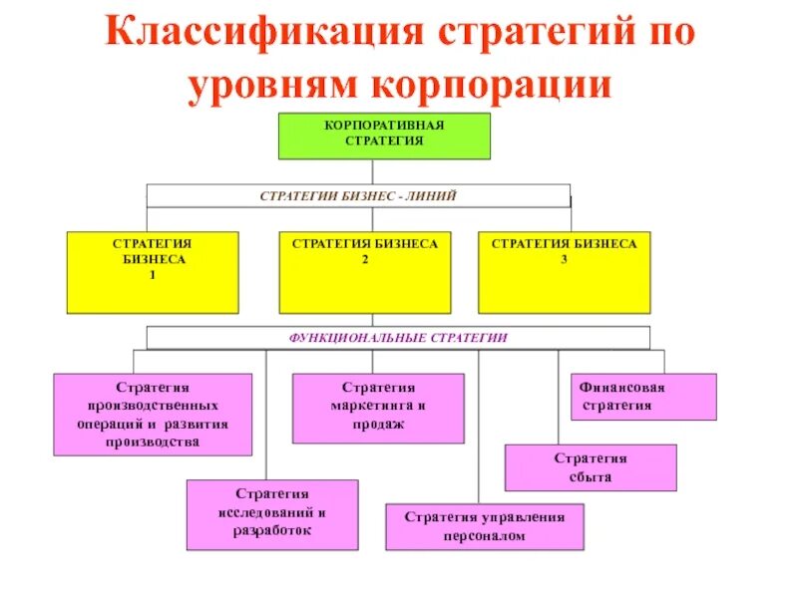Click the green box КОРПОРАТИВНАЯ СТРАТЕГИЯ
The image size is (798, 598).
pyautogui.click(x=384, y=136)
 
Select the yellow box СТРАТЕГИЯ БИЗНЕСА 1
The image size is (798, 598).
pyautogui.click(x=153, y=272)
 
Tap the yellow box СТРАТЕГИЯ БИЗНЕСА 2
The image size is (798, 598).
pyautogui.click(x=365, y=272)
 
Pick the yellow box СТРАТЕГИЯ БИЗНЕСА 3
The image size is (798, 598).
pyautogui.click(x=565, y=272)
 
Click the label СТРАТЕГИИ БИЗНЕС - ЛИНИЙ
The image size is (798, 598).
pyautogui.click(x=358, y=196)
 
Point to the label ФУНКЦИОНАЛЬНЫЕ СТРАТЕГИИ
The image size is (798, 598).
pyautogui.click(x=398, y=338)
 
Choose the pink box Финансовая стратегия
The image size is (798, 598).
pyautogui.click(x=642, y=397)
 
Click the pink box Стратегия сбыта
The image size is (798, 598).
pyautogui.click(x=591, y=467)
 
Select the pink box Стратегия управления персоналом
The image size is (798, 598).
pyautogui.click(x=485, y=526)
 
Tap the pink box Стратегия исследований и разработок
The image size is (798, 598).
pyautogui.click(x=272, y=514)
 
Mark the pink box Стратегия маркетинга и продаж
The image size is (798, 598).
pyautogui.click(x=378, y=408)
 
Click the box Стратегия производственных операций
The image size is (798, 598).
pyautogui.click(x=153, y=415)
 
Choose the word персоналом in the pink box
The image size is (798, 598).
pyautogui.click(x=485, y=536)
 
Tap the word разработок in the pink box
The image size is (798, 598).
pyautogui.click(x=272, y=531)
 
